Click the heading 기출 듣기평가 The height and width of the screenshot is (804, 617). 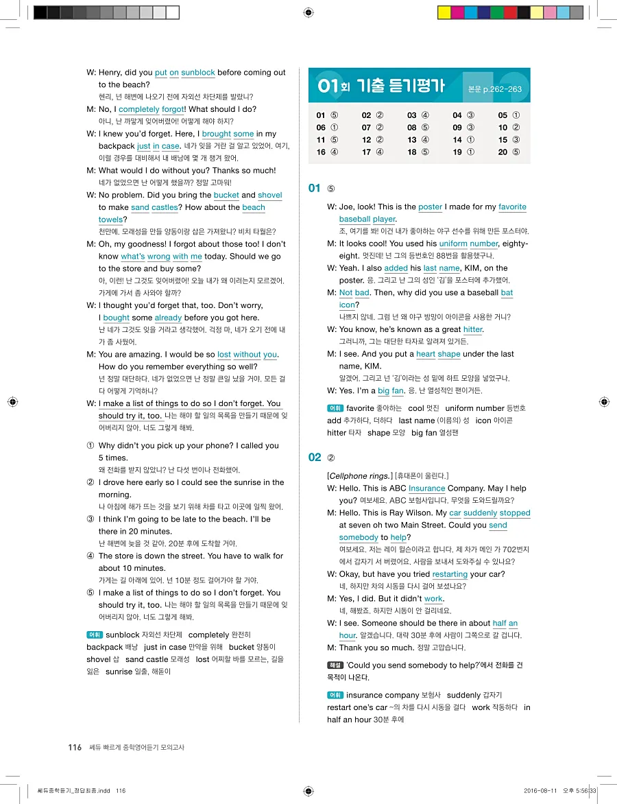tap(400, 87)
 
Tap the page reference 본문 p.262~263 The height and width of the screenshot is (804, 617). tap(494, 89)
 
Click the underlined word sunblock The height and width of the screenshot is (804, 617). tap(198, 73)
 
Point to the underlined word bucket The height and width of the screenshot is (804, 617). tap(226, 195)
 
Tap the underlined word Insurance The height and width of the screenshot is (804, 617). tap(426, 488)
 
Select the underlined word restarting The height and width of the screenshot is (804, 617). tap(450, 574)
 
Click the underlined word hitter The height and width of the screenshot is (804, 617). tap(473, 329)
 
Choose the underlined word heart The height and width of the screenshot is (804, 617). tap(425, 354)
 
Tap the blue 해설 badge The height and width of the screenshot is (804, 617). tap(335, 665)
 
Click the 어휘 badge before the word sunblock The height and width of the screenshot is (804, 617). tap(95, 635)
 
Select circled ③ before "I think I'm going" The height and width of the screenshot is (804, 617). tap(90, 519)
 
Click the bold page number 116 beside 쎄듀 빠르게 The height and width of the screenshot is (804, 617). tap(75, 747)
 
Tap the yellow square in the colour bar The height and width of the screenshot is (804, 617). tap(444, 12)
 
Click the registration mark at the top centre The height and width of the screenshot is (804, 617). tap(308, 12)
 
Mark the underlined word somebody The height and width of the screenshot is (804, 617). tap(359, 537)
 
